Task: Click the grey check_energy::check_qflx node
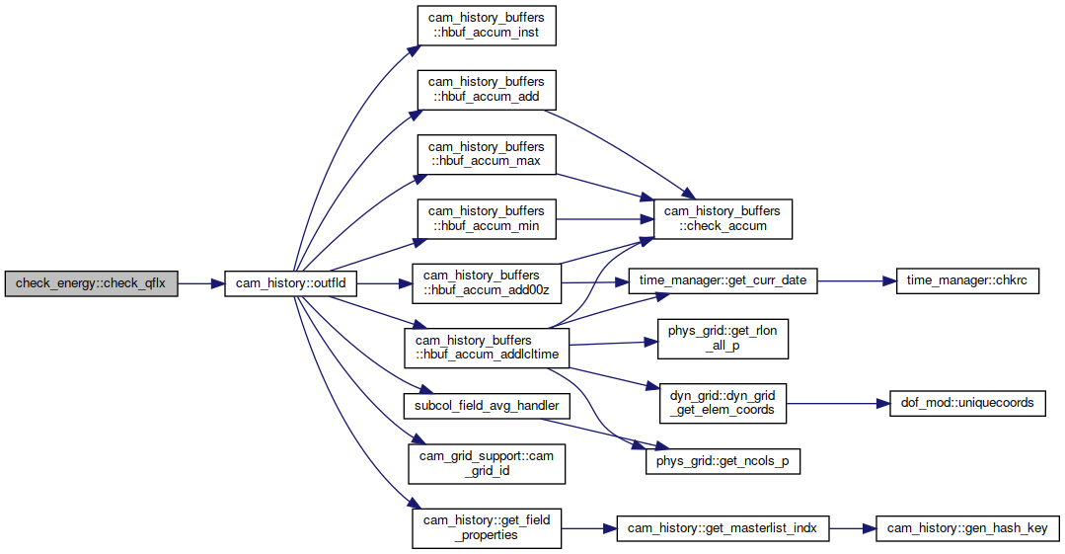pyautogui.click(x=91, y=283)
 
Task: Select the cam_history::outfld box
pyautogui.click(x=291, y=283)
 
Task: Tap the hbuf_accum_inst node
pyautogui.click(x=487, y=26)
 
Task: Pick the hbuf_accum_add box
pyautogui.click(x=487, y=90)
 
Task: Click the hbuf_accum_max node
pyautogui.click(x=487, y=154)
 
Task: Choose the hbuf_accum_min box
pyautogui.click(x=487, y=219)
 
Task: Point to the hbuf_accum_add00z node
pyautogui.click(x=487, y=283)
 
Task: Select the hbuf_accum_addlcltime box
pyautogui.click(x=487, y=348)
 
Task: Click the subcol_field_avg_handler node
pyautogui.click(x=487, y=406)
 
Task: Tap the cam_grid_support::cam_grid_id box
pyautogui.click(x=487, y=463)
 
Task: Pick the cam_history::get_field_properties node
pyautogui.click(x=487, y=528)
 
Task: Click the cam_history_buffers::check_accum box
pyautogui.click(x=723, y=219)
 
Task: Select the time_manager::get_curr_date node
pyautogui.click(x=723, y=280)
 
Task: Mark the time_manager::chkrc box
pyautogui.click(x=967, y=280)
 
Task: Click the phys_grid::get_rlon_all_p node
pyautogui.click(x=723, y=339)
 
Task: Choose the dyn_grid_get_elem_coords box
pyautogui.click(x=723, y=403)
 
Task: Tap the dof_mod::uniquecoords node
pyautogui.click(x=967, y=403)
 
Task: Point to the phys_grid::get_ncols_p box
pyautogui.click(x=723, y=461)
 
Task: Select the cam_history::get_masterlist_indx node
pyautogui.click(x=723, y=528)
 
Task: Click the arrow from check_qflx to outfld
pyautogui.click(x=201, y=283)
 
